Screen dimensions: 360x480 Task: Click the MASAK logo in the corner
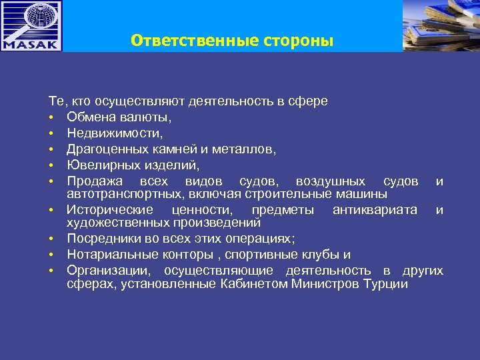tap(31, 26)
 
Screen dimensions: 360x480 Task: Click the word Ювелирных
tap(99, 165)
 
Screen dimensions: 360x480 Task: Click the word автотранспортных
tap(114, 193)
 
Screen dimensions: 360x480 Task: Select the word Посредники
tap(99, 239)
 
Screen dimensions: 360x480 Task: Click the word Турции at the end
tap(385, 284)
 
